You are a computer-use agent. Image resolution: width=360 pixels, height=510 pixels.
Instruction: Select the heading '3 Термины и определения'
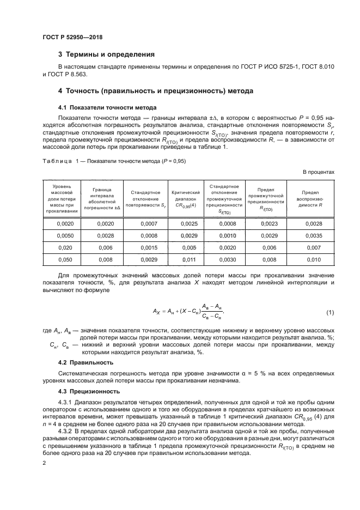[106, 54]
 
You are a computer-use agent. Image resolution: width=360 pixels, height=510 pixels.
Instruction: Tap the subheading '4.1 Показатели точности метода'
[100, 107]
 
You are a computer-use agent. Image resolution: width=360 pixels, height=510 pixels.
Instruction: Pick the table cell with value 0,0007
[149, 224]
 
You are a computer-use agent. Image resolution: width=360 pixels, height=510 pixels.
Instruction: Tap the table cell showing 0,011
[186, 260]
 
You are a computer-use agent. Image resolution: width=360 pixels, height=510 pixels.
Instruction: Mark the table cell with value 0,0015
[149, 247]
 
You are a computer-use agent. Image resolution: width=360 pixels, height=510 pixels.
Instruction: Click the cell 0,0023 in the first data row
[269, 224]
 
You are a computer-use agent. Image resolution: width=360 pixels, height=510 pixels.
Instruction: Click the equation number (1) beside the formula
[330, 312]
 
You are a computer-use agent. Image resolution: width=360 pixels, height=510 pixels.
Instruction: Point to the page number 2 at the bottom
[44, 464]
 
